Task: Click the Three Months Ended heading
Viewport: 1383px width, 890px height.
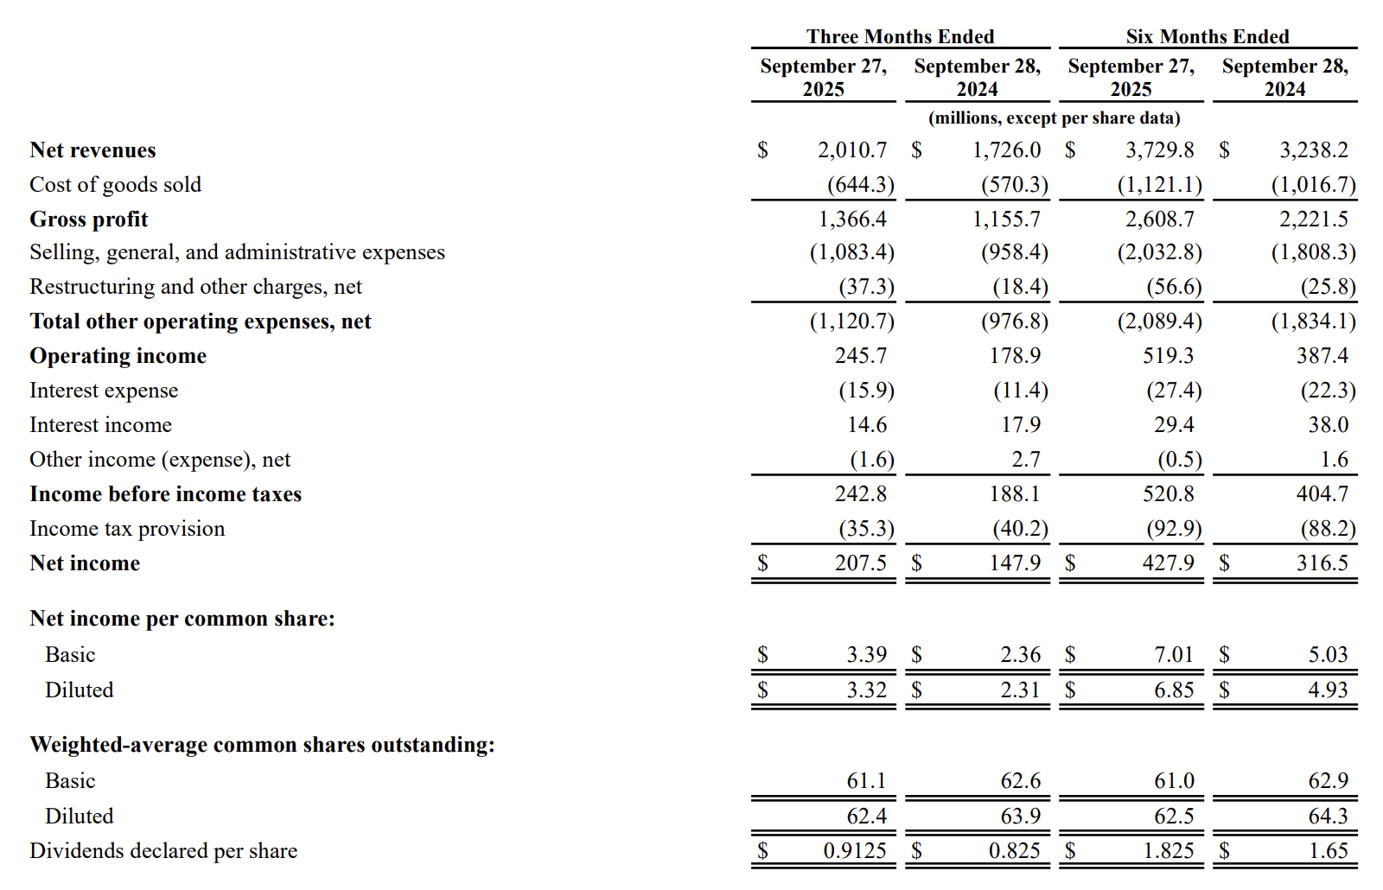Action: (x=900, y=36)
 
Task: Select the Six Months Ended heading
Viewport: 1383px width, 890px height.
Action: (x=1207, y=36)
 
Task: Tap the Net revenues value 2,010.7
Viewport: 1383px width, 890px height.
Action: (x=851, y=150)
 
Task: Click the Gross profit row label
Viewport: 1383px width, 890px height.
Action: (x=89, y=219)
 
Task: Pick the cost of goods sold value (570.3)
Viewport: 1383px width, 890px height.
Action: (x=1014, y=185)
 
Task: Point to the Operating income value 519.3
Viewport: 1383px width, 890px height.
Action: (x=1168, y=356)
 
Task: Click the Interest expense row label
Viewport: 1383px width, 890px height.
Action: (x=104, y=391)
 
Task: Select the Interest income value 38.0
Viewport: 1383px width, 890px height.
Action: (x=1328, y=425)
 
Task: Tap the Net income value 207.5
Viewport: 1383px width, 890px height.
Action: (x=860, y=563)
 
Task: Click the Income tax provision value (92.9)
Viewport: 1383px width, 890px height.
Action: (x=1174, y=529)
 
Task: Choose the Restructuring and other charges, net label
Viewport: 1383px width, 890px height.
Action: (x=195, y=287)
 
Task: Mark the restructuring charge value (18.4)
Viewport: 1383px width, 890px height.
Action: (x=1020, y=287)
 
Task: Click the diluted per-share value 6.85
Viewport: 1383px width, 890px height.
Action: (x=1174, y=690)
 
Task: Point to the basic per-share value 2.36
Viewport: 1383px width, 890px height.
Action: (x=1020, y=655)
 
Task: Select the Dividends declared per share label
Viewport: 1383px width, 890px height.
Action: (x=163, y=851)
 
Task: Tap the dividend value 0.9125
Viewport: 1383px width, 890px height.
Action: (x=854, y=851)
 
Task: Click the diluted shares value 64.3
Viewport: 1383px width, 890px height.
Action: (x=1328, y=817)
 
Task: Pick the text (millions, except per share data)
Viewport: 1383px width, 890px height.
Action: (x=1054, y=118)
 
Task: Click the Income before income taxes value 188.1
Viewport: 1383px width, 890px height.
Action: (x=1015, y=494)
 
